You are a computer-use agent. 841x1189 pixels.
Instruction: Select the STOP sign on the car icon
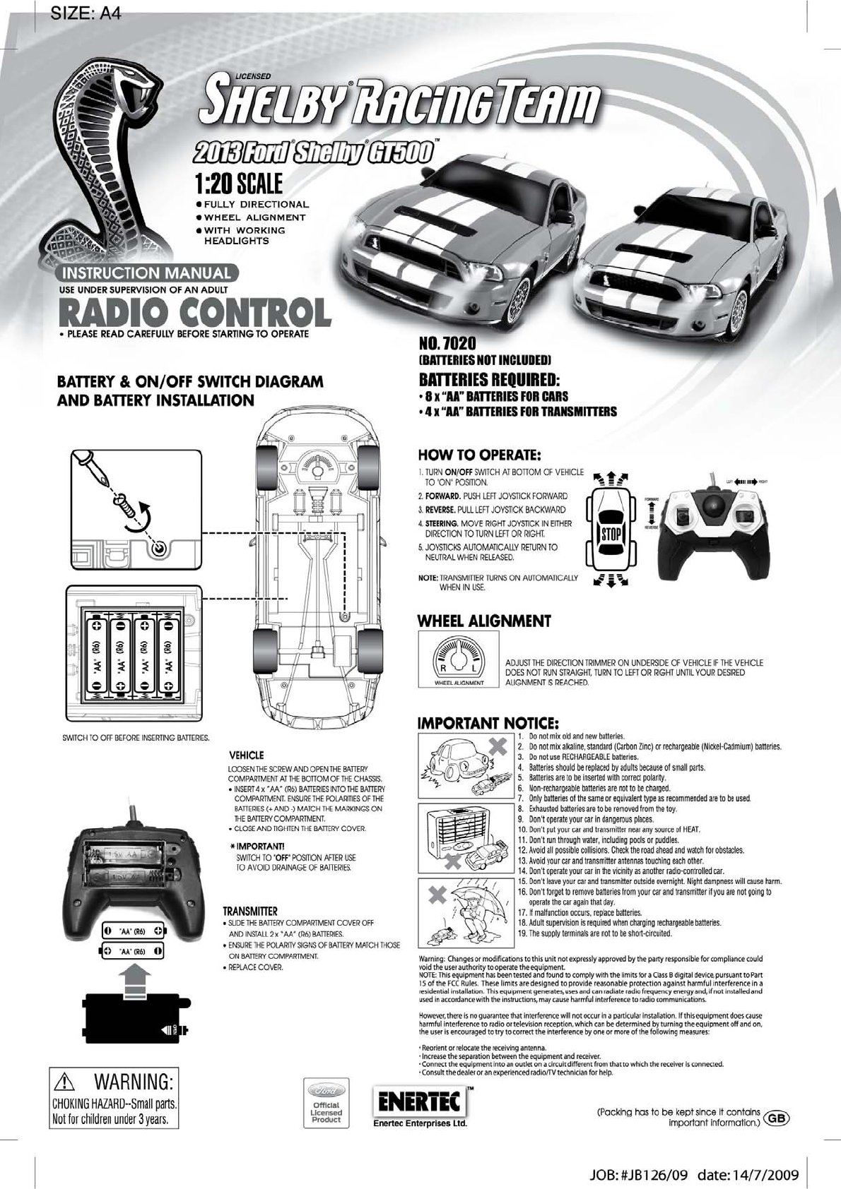pos(611,533)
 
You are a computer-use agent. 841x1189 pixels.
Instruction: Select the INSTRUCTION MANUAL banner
pos(148,273)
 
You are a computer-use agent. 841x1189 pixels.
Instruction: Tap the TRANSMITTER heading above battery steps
pos(250,911)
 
